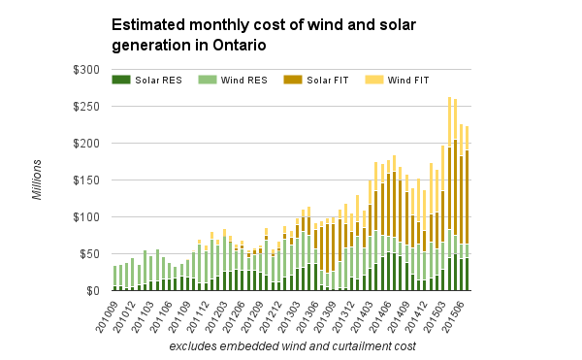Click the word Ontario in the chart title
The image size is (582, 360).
click(240, 46)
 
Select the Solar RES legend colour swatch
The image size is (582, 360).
click(121, 80)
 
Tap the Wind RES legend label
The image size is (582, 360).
click(243, 81)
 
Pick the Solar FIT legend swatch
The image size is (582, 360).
click(293, 80)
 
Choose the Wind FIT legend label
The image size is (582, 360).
click(408, 81)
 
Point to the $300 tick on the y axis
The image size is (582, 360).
click(86, 70)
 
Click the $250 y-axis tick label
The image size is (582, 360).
click(86, 107)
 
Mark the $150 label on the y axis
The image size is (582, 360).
click(86, 180)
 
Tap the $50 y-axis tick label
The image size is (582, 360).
click(90, 254)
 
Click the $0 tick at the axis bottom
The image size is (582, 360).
click(93, 291)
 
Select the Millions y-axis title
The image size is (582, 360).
click(37, 180)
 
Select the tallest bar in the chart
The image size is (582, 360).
click(449, 194)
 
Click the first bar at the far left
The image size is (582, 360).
click(115, 278)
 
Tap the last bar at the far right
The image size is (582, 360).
click(468, 209)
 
